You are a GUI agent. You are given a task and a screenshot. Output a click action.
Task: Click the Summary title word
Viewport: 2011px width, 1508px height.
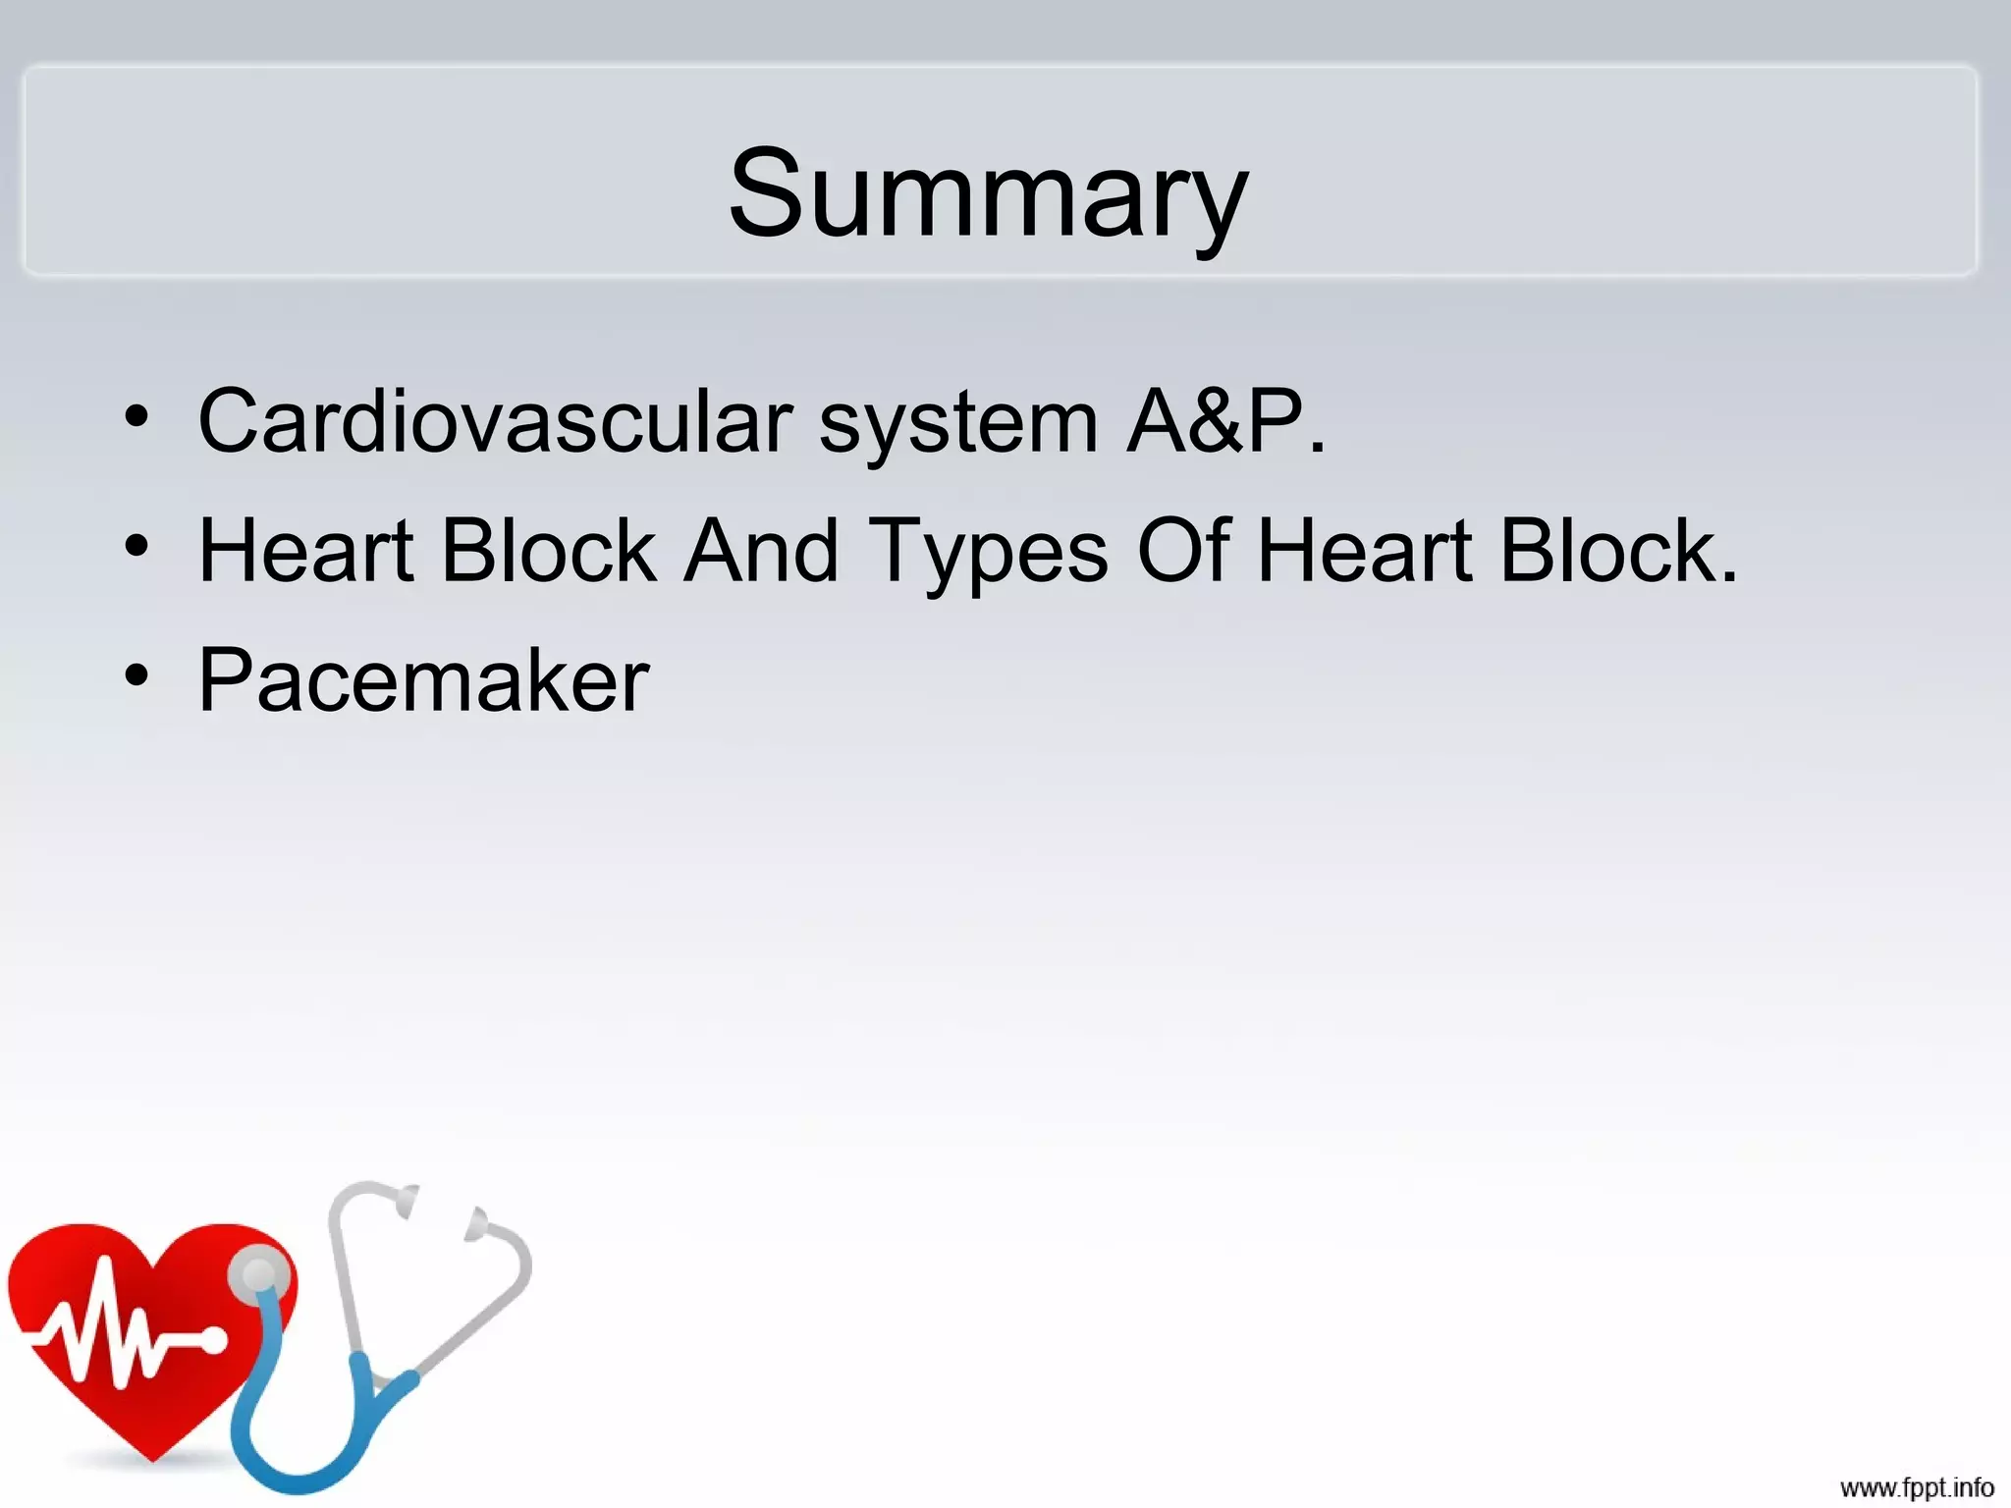click(x=988, y=192)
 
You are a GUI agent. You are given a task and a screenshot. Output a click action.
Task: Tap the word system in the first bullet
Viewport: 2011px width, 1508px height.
click(x=957, y=422)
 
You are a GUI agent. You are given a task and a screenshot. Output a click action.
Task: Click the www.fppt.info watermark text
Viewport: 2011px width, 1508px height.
click(x=1917, y=1487)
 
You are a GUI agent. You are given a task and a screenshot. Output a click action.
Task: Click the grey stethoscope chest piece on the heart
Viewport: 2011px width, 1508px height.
click(x=259, y=1275)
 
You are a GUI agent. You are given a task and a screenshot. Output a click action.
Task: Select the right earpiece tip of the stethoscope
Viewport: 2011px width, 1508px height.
click(x=477, y=1223)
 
